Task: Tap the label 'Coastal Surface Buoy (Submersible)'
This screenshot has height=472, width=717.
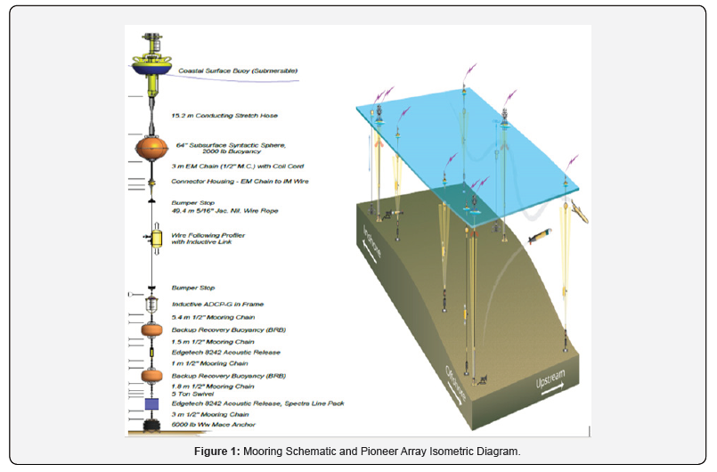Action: (238, 70)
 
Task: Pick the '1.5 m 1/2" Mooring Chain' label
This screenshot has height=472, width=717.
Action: (213, 341)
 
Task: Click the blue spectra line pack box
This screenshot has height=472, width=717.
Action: (152, 405)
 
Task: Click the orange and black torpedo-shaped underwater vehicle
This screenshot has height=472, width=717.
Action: (540, 238)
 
